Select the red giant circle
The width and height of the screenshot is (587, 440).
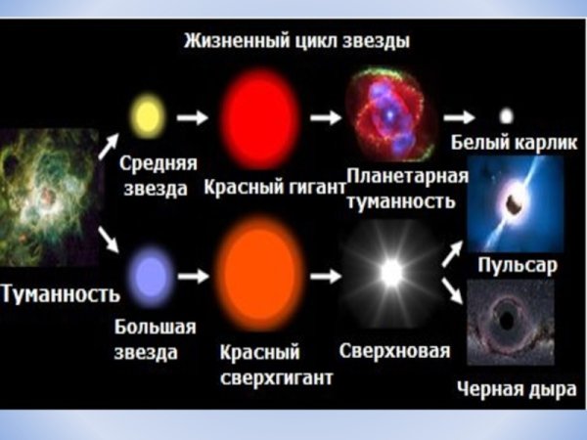click(260, 115)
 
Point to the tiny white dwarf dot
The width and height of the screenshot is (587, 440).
click(506, 115)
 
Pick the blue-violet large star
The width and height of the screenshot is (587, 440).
click(152, 272)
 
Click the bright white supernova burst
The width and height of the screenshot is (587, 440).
click(391, 273)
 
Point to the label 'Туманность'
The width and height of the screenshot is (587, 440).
click(60, 292)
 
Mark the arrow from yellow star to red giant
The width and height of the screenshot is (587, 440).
click(195, 117)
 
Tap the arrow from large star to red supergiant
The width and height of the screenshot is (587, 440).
click(197, 276)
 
